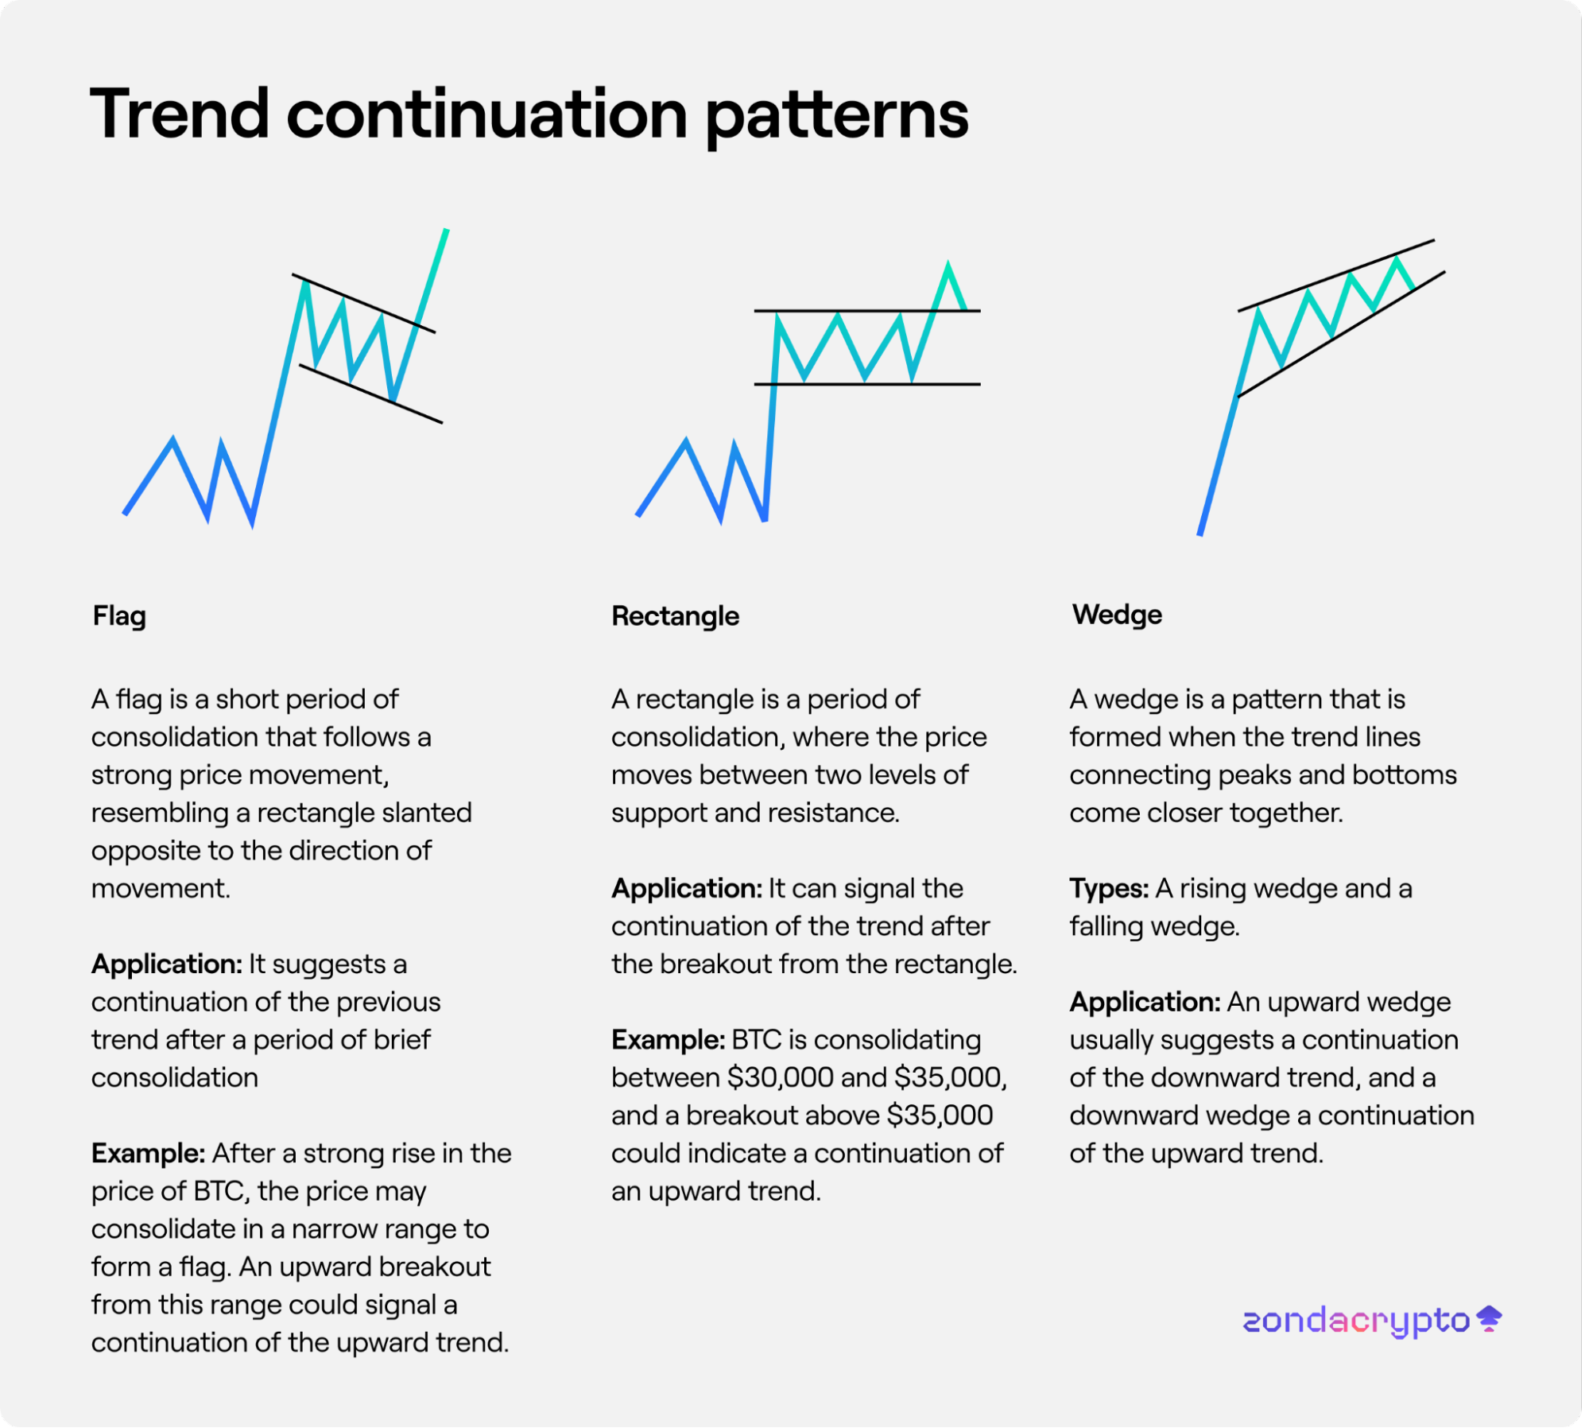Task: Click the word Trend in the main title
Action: [180, 114]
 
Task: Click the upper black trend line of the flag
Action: [365, 305]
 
